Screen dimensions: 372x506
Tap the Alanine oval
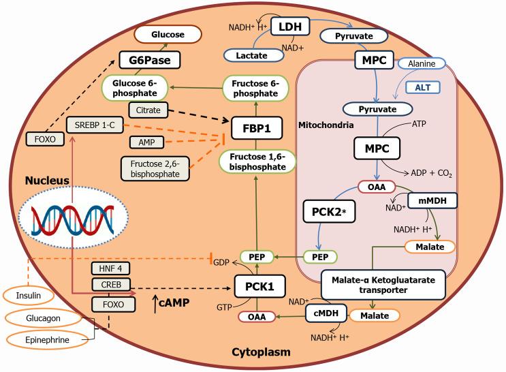click(426, 63)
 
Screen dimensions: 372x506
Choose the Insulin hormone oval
click(29, 296)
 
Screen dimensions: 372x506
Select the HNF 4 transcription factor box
click(110, 268)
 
